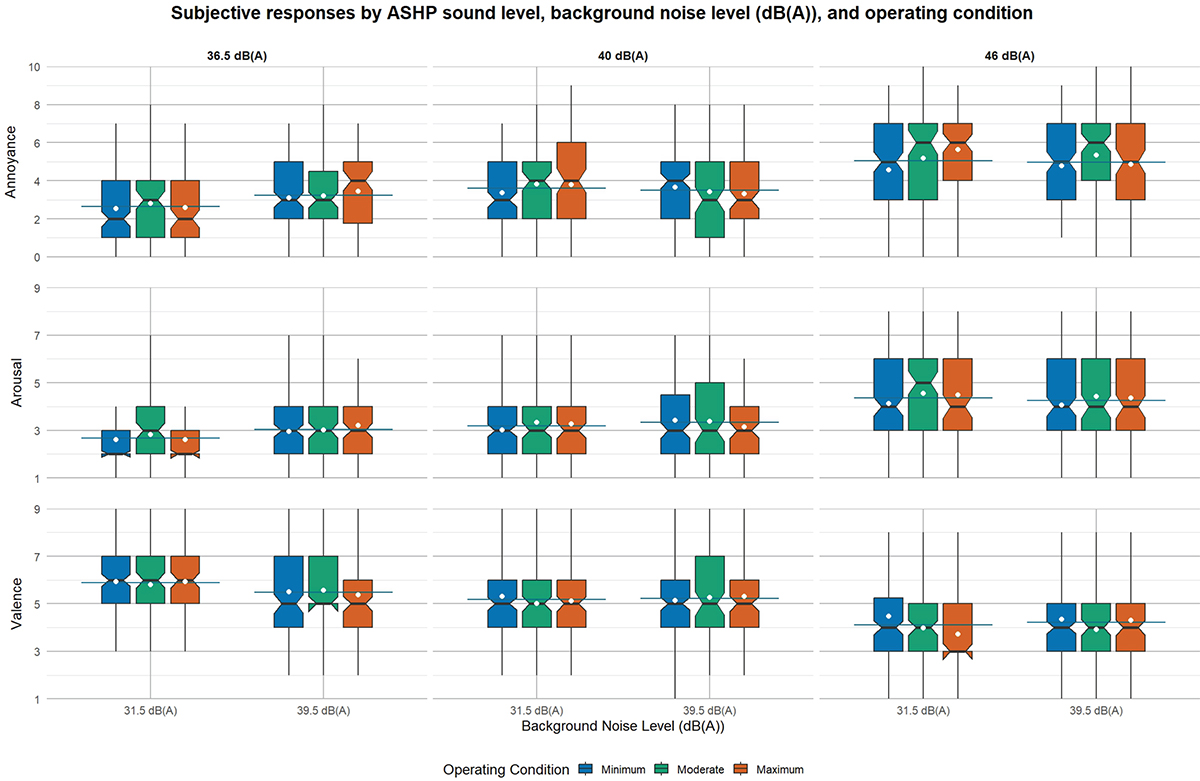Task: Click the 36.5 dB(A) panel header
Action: [237, 56]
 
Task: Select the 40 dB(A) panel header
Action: [623, 56]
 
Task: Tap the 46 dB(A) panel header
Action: [1009, 56]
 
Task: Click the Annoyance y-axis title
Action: [11, 162]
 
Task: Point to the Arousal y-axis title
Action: [17, 382]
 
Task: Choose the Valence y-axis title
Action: [17, 604]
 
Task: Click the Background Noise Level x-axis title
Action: [623, 726]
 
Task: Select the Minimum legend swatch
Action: [586, 769]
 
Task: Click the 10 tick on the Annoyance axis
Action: [34, 67]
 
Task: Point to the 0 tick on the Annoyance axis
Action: [37, 258]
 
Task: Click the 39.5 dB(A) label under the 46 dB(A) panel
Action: [1096, 711]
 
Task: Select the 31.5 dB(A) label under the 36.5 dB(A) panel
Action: [151, 711]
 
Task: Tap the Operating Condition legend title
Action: [506, 770]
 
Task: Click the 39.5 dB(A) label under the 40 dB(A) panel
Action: [709, 711]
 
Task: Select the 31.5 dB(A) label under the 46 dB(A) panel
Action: [923, 711]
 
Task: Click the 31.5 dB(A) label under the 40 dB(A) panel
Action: [536, 711]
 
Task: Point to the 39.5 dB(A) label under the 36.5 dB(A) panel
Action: [324, 711]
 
